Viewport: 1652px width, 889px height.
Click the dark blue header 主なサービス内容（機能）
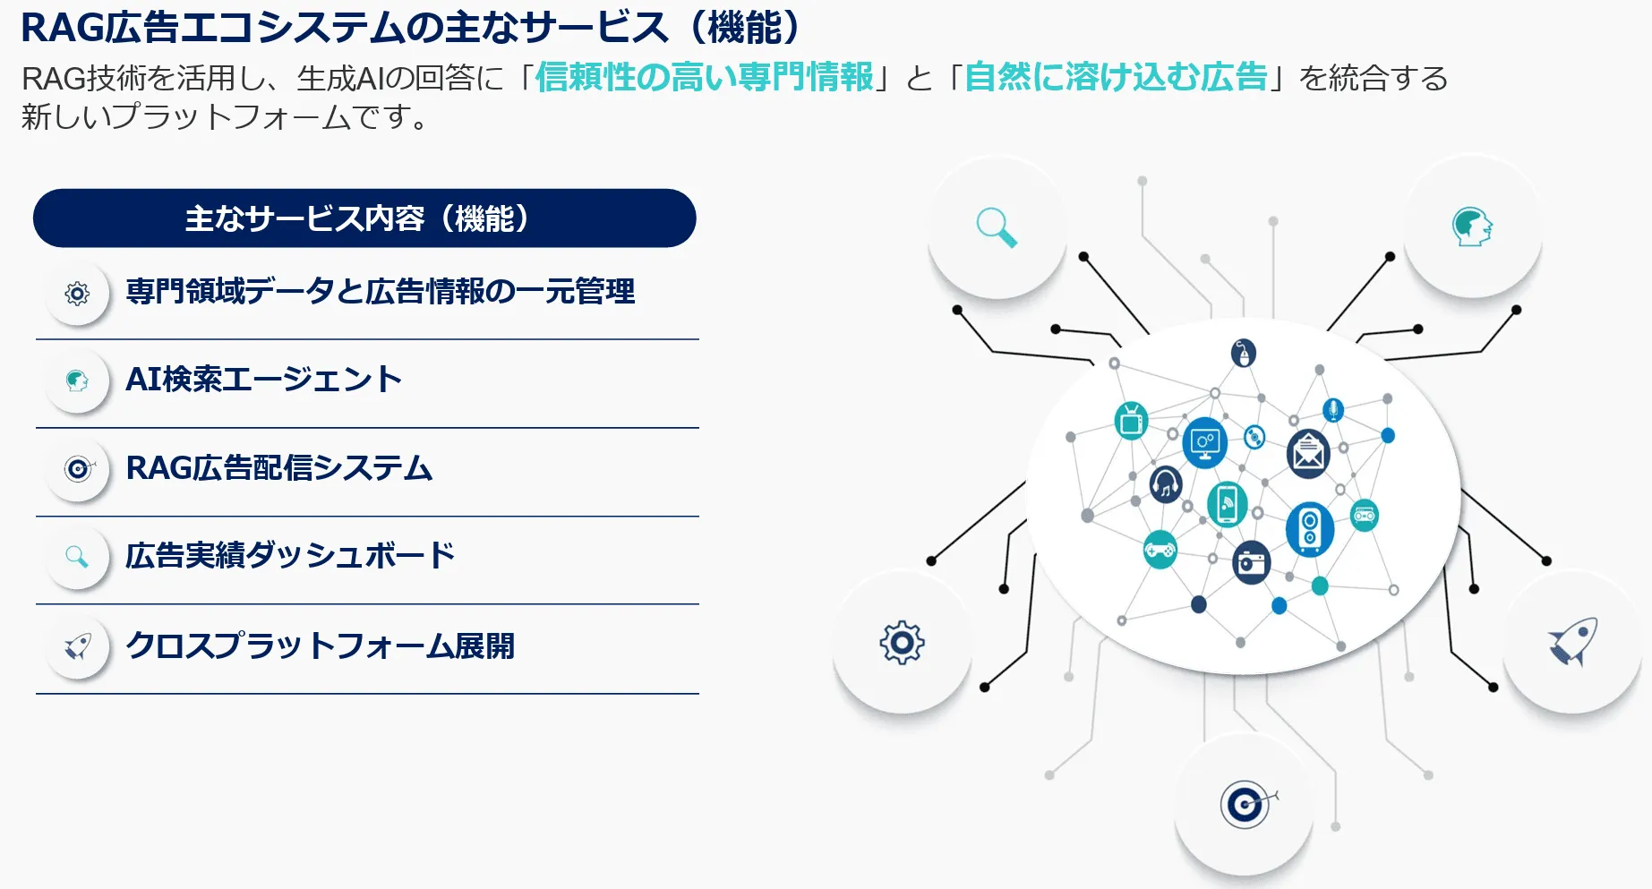coord(364,218)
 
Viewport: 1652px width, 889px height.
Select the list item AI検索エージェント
coord(263,380)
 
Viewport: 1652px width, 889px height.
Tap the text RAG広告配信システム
coord(279,468)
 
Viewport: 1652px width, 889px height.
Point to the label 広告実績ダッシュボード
coord(290,556)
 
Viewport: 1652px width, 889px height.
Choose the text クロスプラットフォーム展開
coord(320,645)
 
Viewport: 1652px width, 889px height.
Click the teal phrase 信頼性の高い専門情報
coord(705,77)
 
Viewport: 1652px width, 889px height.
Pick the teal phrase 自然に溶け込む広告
coord(1116,77)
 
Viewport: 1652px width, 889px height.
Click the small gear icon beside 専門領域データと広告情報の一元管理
coord(78,293)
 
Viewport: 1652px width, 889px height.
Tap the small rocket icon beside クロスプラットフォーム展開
coord(78,645)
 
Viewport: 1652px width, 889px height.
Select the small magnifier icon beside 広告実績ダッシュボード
coord(78,557)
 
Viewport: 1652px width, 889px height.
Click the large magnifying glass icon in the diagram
coord(997,227)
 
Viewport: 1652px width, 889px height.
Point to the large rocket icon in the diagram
coord(1572,641)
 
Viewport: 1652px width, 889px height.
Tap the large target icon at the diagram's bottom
coord(1245,805)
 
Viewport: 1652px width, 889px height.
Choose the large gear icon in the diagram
coord(902,642)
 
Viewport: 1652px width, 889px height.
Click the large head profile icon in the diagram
coord(1472,227)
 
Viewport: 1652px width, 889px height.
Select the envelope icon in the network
coord(1308,453)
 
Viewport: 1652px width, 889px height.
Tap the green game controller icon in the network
coord(1160,550)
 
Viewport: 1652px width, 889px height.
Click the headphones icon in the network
coord(1166,484)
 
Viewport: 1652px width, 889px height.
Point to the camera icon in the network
coord(1252,563)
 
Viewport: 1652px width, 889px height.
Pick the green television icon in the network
coord(1132,420)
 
